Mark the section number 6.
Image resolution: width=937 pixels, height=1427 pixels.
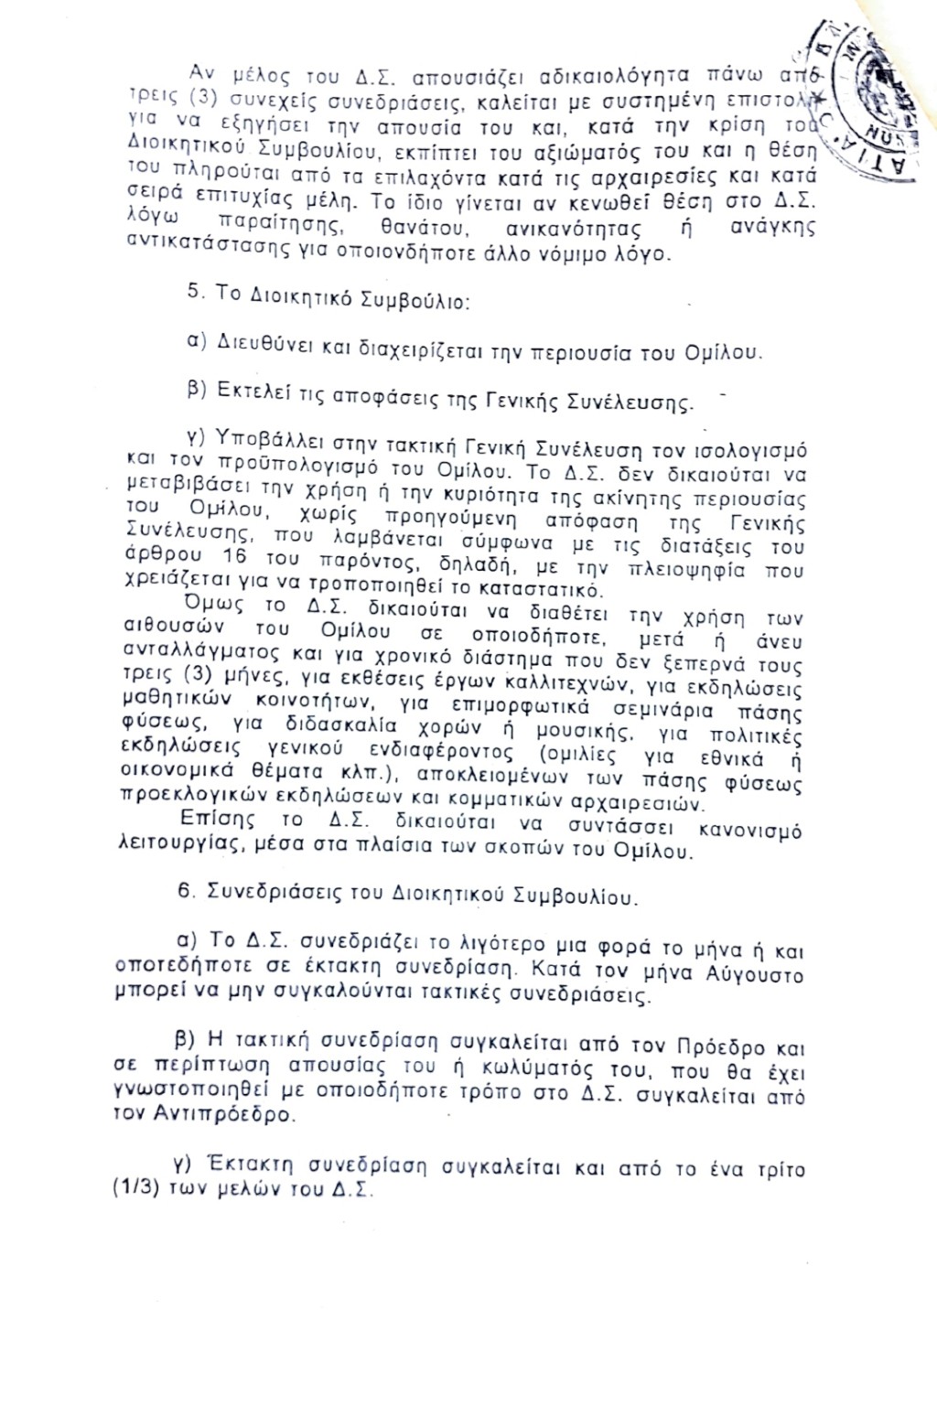pyautogui.click(x=183, y=892)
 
